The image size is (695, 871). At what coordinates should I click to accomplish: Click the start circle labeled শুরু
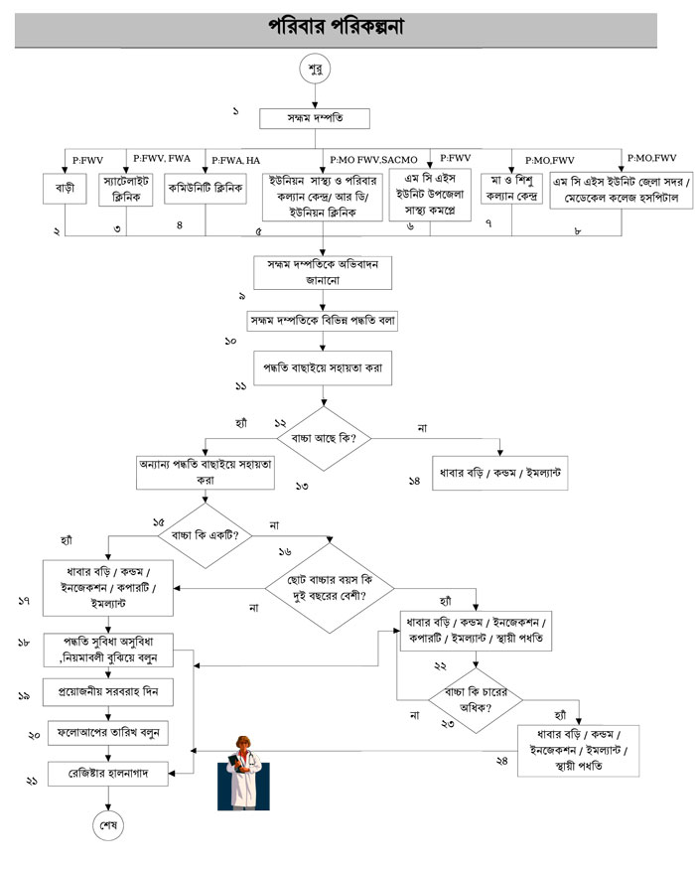(x=317, y=72)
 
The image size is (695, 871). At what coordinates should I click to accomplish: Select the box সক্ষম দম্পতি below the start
(x=315, y=119)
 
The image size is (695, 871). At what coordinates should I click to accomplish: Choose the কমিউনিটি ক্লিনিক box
(x=206, y=187)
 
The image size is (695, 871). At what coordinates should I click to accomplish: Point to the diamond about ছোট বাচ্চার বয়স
(x=329, y=587)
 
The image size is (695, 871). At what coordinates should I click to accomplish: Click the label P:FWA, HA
(x=232, y=159)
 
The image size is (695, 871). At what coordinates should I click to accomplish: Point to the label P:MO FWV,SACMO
(x=375, y=159)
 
